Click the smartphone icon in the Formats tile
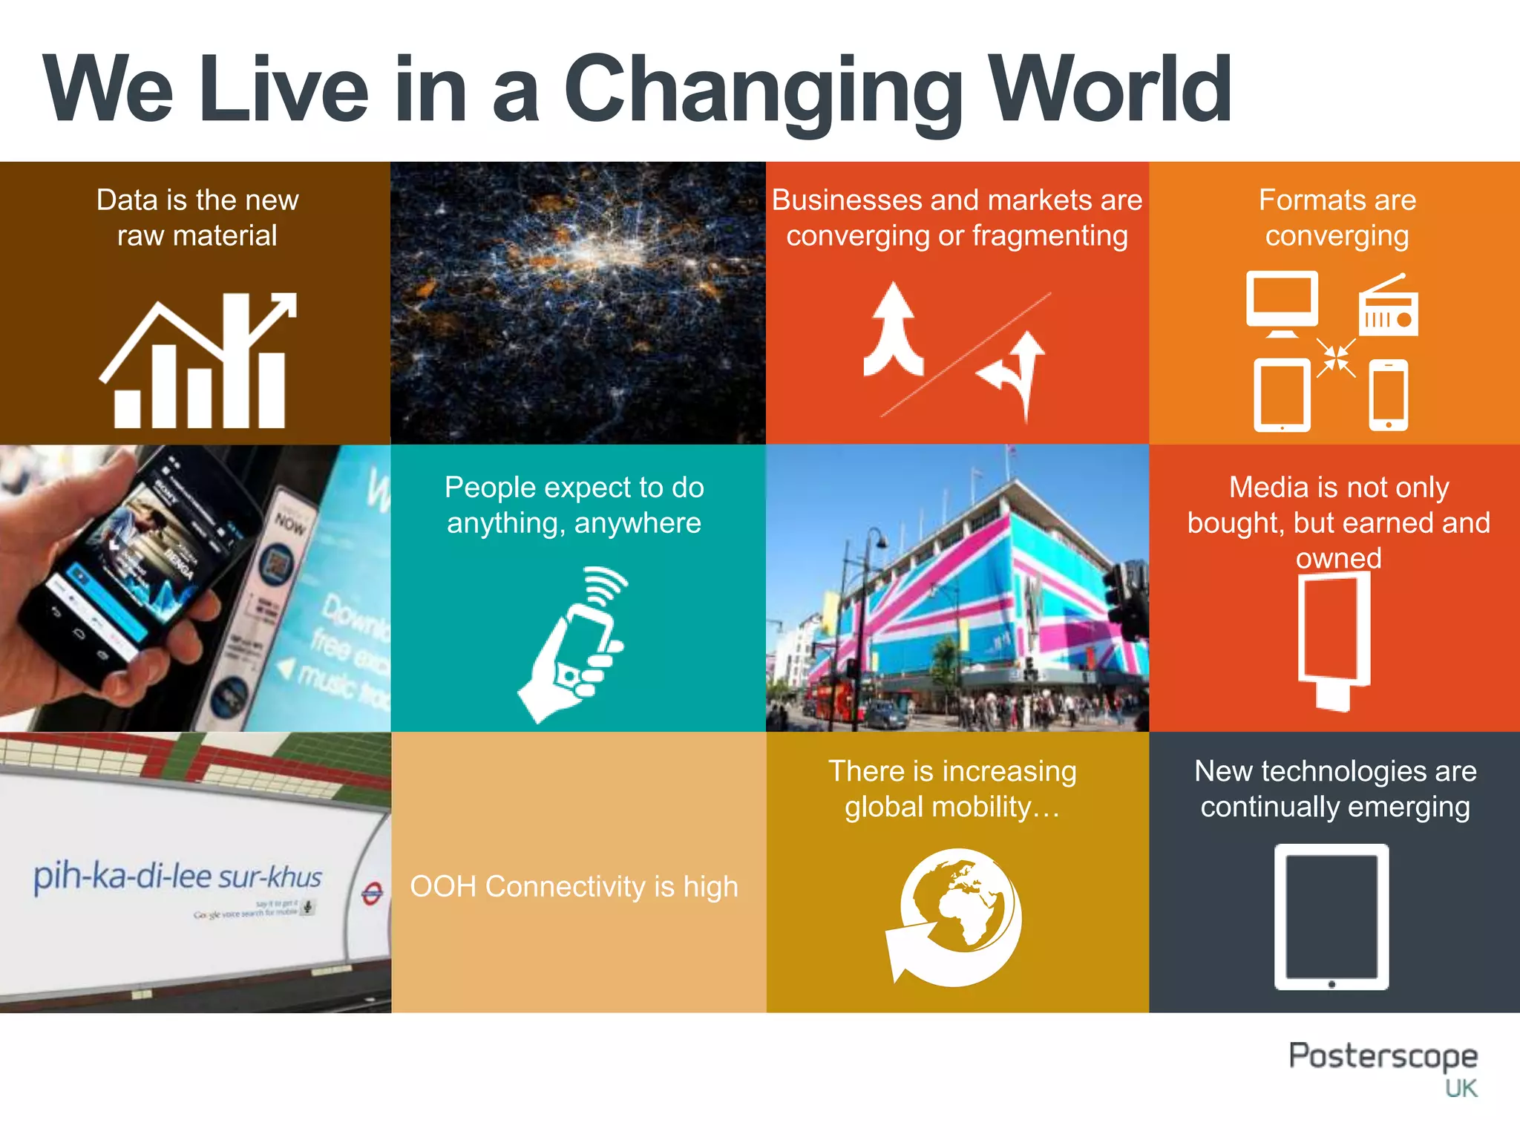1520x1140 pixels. [x=1388, y=395]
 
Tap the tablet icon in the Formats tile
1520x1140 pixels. [x=1282, y=395]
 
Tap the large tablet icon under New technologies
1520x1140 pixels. [x=1331, y=917]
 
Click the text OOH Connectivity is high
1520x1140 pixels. [x=574, y=887]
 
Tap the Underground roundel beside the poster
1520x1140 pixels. [x=372, y=894]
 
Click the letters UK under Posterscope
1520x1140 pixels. [x=1461, y=1089]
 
